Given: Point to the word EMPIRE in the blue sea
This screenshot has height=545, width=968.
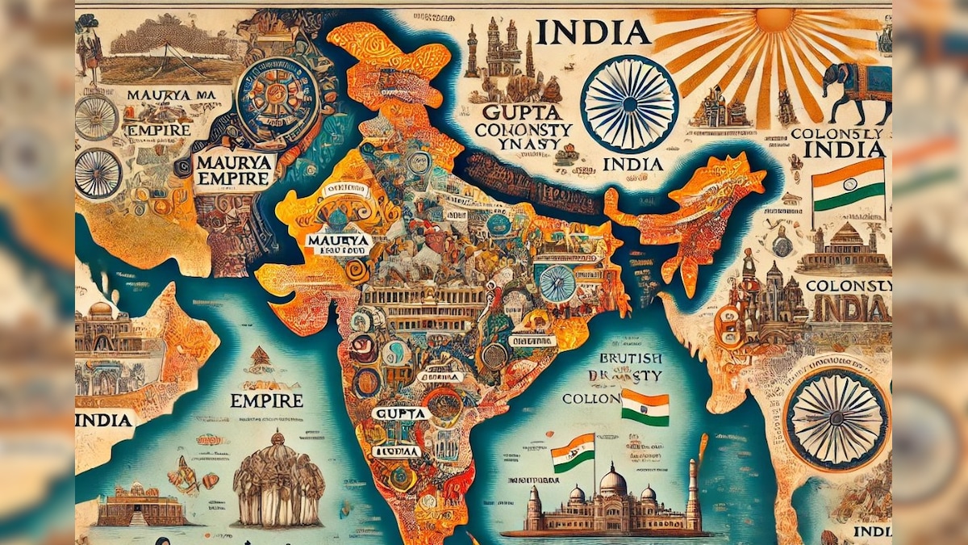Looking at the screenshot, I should pos(266,400).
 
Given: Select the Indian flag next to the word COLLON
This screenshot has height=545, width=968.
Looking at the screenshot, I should pos(645,408).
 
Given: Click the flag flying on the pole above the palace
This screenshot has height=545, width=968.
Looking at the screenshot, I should pos(575,452).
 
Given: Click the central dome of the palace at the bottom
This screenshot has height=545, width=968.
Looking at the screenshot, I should pos(613,483).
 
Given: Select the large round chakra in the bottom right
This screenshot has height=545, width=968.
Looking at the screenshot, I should pos(837,418).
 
